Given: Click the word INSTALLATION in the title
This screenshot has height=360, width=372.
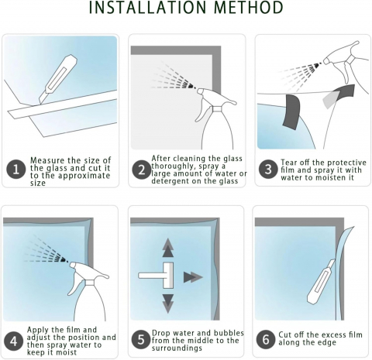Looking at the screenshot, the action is [147, 7].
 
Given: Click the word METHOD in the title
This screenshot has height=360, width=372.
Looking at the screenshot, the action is [249, 7].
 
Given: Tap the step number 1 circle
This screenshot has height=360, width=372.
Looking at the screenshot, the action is [16, 170].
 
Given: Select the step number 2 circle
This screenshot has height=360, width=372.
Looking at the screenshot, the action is [142, 170].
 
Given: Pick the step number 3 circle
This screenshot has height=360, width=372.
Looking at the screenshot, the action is [268, 169].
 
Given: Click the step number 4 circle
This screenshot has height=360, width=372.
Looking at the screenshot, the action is [14, 341].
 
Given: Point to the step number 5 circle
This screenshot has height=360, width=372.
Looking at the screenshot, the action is [141, 339].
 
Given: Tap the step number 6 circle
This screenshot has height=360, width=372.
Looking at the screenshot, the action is [266, 339].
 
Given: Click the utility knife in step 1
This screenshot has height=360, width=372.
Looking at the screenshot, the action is [57, 80].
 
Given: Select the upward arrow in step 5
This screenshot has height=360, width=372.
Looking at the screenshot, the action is [168, 248].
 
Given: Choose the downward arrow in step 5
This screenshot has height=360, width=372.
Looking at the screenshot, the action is [168, 303].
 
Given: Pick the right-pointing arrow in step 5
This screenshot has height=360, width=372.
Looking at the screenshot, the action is [193, 277].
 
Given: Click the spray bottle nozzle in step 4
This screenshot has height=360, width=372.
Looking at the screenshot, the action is [73, 265].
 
